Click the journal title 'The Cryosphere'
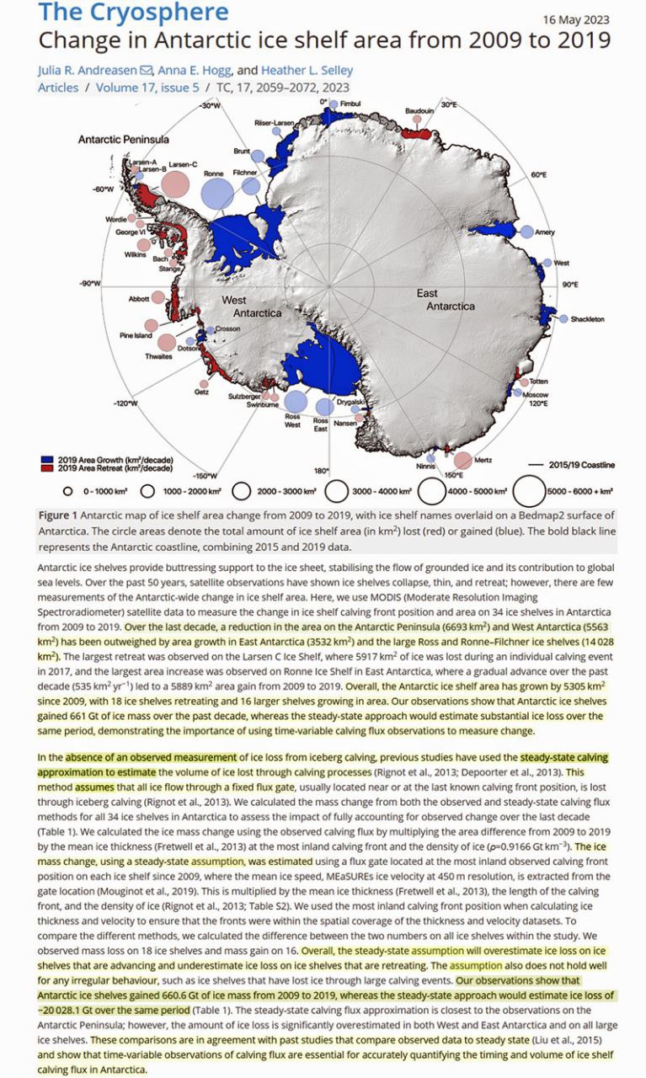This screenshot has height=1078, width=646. point(134,13)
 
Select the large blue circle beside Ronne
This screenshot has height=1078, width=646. point(217,193)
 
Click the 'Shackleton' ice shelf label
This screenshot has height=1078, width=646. point(586,320)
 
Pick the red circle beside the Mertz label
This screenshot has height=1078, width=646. point(462,460)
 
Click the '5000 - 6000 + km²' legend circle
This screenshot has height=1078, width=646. point(529,488)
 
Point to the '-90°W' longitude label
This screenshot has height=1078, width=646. point(89,285)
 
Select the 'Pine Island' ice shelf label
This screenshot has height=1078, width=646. point(136,335)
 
